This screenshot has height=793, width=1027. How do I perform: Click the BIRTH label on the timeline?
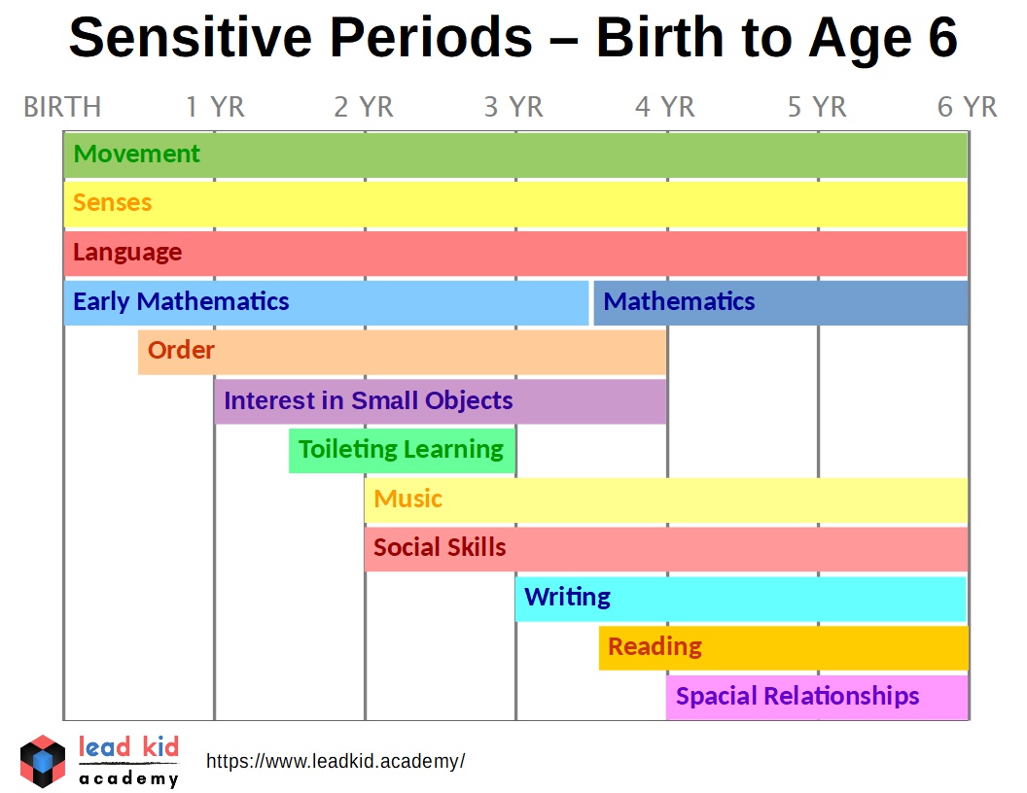(62, 107)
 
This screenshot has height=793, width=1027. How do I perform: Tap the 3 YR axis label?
(513, 107)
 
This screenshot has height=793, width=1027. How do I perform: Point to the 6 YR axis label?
(967, 107)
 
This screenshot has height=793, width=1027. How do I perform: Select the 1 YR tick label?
(215, 107)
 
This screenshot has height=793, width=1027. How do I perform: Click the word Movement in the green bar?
(137, 154)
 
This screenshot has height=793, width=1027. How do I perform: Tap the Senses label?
(113, 203)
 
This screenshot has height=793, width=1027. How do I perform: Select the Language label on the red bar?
(127, 253)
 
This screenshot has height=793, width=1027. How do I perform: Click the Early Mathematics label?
(181, 301)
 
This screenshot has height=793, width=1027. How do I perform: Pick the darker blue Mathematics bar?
(781, 302)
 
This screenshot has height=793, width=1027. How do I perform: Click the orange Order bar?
(402, 352)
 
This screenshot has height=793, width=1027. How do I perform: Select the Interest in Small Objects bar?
(440, 401)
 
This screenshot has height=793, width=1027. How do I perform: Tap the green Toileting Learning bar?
(401, 451)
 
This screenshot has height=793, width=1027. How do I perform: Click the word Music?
(407, 500)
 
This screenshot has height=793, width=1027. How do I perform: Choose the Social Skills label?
(440, 548)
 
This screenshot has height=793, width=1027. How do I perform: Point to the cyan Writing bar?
(740, 599)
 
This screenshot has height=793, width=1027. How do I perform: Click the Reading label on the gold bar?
(655, 647)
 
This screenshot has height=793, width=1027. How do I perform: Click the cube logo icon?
(43, 761)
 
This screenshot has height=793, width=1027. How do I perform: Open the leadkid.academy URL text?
(336, 761)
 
